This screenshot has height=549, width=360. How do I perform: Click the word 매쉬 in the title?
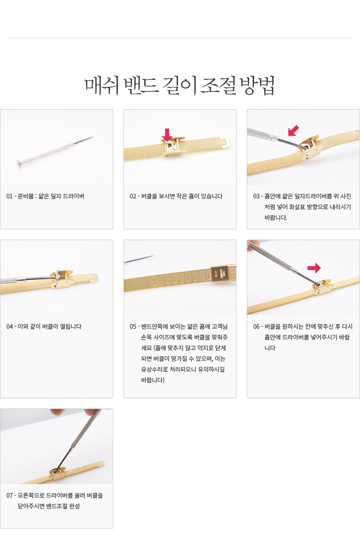101,85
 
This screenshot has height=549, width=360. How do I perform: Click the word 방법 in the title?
256,85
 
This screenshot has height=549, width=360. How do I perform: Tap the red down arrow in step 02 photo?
167,134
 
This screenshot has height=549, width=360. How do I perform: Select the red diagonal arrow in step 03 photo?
294,130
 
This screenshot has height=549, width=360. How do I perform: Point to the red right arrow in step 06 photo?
314,268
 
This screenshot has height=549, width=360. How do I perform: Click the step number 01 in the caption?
9,196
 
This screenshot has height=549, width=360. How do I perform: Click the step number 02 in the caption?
133,196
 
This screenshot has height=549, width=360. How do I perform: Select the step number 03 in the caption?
256,196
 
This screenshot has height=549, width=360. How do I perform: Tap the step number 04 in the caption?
9,326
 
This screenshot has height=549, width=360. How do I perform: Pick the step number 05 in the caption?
133,326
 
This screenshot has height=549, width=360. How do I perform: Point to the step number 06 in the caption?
256,326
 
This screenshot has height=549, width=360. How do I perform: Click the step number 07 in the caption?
9,495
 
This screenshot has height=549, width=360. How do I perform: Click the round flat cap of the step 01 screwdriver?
19,163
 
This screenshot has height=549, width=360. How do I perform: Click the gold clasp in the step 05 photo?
223,274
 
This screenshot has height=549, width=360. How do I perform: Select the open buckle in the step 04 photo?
62,279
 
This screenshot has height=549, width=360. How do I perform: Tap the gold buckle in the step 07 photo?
57,473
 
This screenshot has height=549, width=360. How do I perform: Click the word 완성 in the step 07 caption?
74,506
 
